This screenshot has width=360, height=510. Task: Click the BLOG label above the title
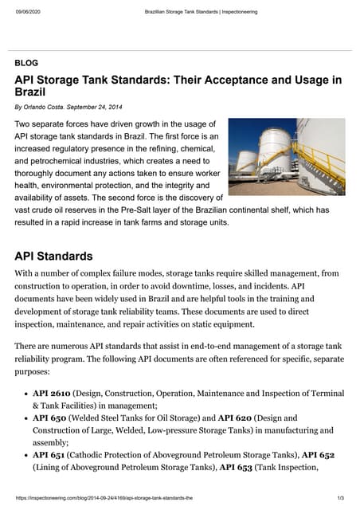coord(26,62)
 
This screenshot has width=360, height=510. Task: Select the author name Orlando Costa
coord(47,107)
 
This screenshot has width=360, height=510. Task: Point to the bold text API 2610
coord(52,394)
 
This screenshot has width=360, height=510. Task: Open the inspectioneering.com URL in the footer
coord(104,499)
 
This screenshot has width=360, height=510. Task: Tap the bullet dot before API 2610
coord(24,394)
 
